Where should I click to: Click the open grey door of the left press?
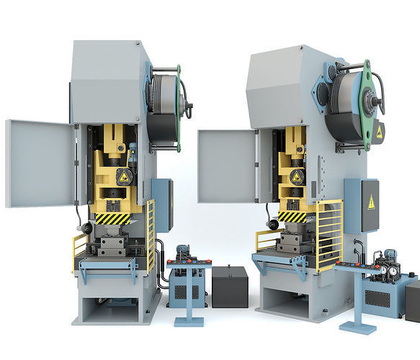40,163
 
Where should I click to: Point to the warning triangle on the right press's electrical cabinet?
371,203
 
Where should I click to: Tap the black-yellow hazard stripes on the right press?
292,216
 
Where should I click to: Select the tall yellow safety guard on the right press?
329,234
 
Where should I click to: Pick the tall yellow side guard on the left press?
151,234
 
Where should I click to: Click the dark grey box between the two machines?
229,287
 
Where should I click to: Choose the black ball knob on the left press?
87,228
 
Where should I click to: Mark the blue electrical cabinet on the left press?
162,204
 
